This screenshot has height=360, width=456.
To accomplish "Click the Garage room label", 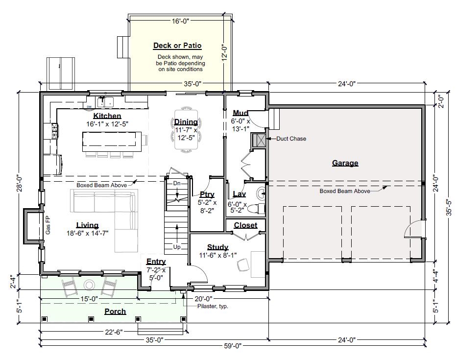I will click(x=345, y=163).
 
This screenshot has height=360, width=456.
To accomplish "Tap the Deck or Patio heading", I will click(x=177, y=46).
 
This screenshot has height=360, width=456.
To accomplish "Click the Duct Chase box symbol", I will click(x=259, y=140).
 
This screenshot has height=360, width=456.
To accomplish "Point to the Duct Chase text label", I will click(x=291, y=139).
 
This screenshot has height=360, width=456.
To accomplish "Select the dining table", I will click(x=186, y=129).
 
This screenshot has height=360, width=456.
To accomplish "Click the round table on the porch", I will click(x=89, y=285).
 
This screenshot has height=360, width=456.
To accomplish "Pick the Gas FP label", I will click(x=48, y=225).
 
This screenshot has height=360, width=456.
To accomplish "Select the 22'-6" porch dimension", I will click(x=113, y=332).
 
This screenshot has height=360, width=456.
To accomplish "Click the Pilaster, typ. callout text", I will click(x=213, y=306).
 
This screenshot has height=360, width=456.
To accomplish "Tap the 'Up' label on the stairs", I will click(x=176, y=247).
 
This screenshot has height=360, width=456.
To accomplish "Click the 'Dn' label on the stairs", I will click(x=177, y=184).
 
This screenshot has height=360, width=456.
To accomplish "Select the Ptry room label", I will click(x=207, y=194).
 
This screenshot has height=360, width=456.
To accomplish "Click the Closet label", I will click(x=245, y=225).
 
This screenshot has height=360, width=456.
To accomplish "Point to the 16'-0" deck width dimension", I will click(x=180, y=21).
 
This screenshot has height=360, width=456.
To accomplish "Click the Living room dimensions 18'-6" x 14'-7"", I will click(x=88, y=233).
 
